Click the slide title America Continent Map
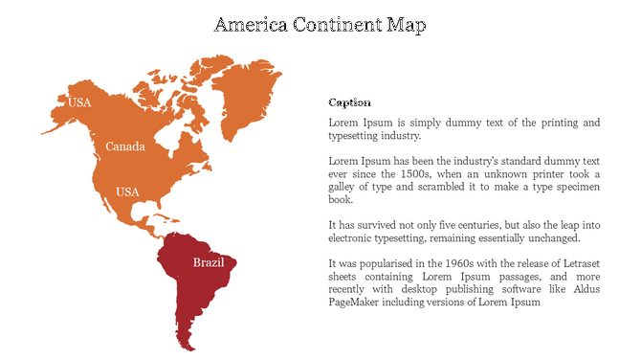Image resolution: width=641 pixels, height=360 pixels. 320,23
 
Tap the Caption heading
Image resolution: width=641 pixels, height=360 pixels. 349,102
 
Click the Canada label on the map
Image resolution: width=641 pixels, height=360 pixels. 125,146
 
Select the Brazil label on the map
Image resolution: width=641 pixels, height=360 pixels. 209,261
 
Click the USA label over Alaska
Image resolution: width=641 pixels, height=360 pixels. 78,102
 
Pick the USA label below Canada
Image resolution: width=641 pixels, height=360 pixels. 127,191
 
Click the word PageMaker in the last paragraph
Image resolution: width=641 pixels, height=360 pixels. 356,303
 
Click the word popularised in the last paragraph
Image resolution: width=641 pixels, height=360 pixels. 384,262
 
